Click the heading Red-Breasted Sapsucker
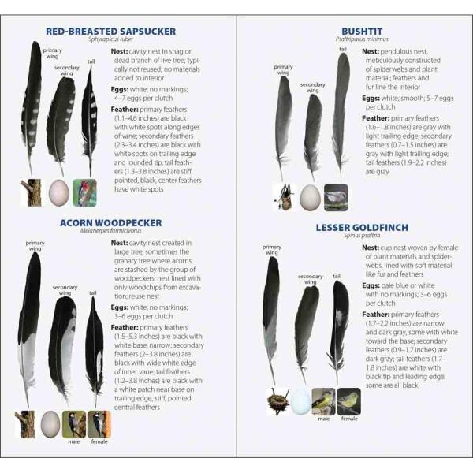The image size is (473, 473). pyautogui.click(x=110, y=32)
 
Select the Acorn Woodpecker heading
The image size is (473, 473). pyautogui.click(x=110, y=223)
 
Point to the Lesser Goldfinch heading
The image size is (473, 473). pyautogui.click(x=362, y=228)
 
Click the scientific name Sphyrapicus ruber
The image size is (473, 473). pyautogui.click(x=110, y=39)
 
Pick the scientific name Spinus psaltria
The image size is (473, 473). pyautogui.click(x=362, y=235)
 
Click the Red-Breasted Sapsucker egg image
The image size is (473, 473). pyautogui.click(x=59, y=193)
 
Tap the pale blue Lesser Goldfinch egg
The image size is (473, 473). pyautogui.click(x=300, y=401)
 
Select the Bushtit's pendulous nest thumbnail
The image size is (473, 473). pyautogui.click(x=284, y=197)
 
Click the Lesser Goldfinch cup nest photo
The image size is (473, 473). pyautogui.click(x=277, y=401)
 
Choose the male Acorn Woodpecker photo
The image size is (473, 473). pyautogui.click(x=74, y=424)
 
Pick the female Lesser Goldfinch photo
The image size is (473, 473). pyautogui.click(x=349, y=401)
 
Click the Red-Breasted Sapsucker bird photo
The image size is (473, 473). pyautogui.click(x=85, y=193)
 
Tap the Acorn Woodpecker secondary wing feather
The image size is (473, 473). pyautogui.click(x=61, y=350)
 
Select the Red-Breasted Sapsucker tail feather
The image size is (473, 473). pyautogui.click(x=90, y=121)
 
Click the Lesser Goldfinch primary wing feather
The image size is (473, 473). pyautogui.click(x=270, y=320)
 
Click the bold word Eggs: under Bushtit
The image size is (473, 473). pyautogui.click(x=371, y=99)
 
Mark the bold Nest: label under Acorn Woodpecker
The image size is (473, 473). pyautogui.click(x=119, y=243)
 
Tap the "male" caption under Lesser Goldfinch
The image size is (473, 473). pyautogui.click(x=323, y=419)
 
